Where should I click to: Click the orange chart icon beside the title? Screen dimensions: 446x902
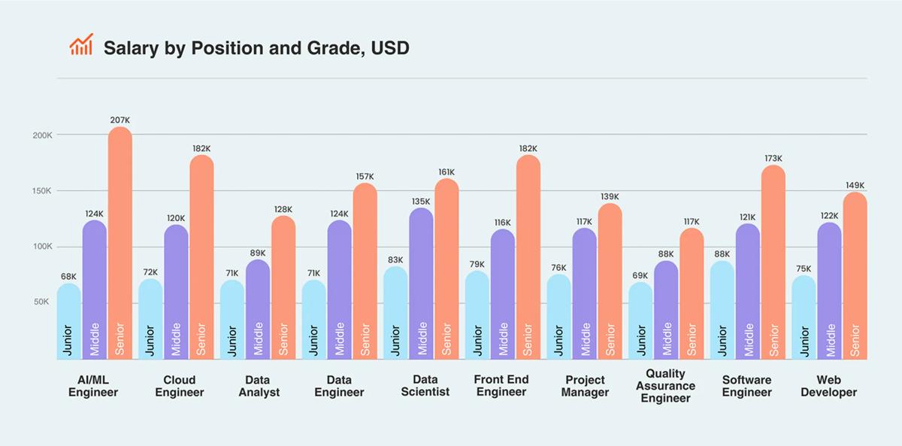point(81,45)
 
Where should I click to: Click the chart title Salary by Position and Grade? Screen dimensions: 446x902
point(256,48)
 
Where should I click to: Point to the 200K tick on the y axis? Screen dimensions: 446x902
point(41,135)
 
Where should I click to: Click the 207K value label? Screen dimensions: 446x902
point(120,120)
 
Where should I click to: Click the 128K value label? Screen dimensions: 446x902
point(283,210)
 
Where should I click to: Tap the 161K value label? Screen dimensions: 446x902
point(446,173)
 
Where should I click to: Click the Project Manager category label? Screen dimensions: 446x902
point(585,386)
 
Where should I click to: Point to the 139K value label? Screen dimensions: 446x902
point(610,197)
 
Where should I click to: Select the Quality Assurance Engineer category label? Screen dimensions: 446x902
point(665,385)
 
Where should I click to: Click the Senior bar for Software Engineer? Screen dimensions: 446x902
point(773,263)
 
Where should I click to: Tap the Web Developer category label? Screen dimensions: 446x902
point(828,386)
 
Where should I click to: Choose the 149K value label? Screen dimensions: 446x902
point(855,186)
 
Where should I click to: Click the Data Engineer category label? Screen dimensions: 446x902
point(339,386)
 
